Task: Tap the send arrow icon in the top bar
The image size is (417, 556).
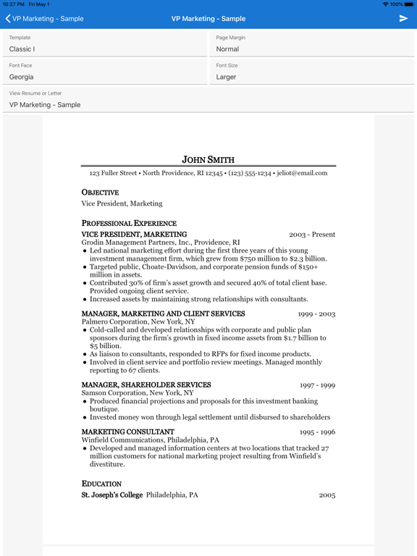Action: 403,18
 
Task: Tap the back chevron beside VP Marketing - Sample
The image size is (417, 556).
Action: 8,19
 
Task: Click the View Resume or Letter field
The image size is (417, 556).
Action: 208,99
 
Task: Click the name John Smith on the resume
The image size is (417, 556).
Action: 208,159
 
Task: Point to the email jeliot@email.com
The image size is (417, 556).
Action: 301,173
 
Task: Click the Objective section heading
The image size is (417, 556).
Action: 100,193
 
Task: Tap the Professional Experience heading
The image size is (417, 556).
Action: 129,224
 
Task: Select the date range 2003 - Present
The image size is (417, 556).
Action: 312,235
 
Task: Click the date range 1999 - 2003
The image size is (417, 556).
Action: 316,314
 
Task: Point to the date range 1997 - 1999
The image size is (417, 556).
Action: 317,385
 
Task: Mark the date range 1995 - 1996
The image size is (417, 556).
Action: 317,432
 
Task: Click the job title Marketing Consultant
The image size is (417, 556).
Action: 127,432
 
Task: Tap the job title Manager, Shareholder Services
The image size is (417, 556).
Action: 146,385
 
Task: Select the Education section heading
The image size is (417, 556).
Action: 101,484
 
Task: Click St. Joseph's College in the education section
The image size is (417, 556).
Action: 112,495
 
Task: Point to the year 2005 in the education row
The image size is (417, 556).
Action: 327,495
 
